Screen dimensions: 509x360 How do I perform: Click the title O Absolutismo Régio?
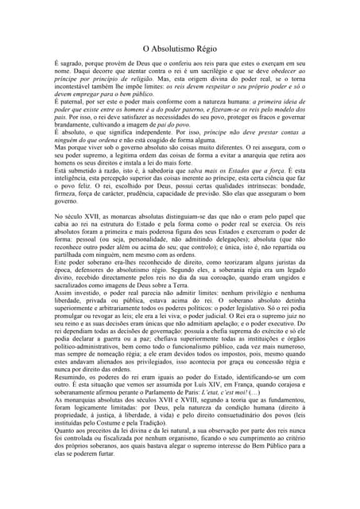[x=180, y=49]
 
